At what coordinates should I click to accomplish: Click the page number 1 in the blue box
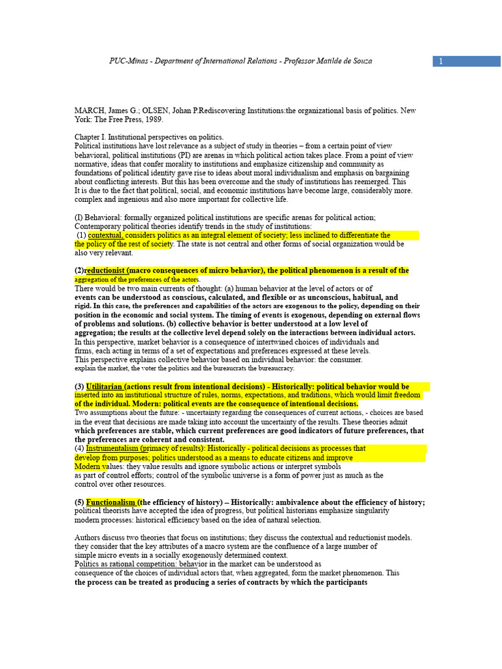tap(441, 61)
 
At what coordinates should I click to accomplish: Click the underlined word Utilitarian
tap(104, 387)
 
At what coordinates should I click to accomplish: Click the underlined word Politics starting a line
tap(88, 564)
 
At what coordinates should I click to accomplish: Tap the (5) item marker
tap(80, 502)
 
